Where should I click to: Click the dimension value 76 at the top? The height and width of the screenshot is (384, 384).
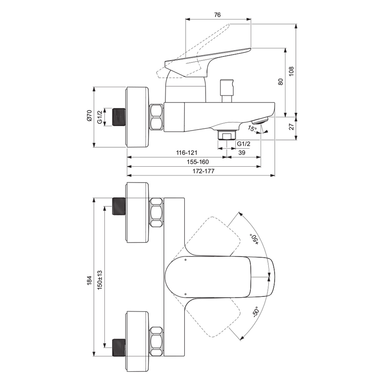coord(217,15)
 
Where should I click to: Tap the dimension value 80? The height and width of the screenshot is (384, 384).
coord(281,82)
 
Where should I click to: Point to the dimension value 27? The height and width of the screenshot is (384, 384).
coord(291,127)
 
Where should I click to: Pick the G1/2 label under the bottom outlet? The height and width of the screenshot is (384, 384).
coord(244,144)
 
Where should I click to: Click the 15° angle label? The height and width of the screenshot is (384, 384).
coord(252,129)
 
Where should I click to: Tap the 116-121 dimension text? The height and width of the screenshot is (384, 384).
coord(187,153)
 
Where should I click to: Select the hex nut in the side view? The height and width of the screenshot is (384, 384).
coord(157,117)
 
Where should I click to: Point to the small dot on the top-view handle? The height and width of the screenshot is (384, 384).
coord(186,260)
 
